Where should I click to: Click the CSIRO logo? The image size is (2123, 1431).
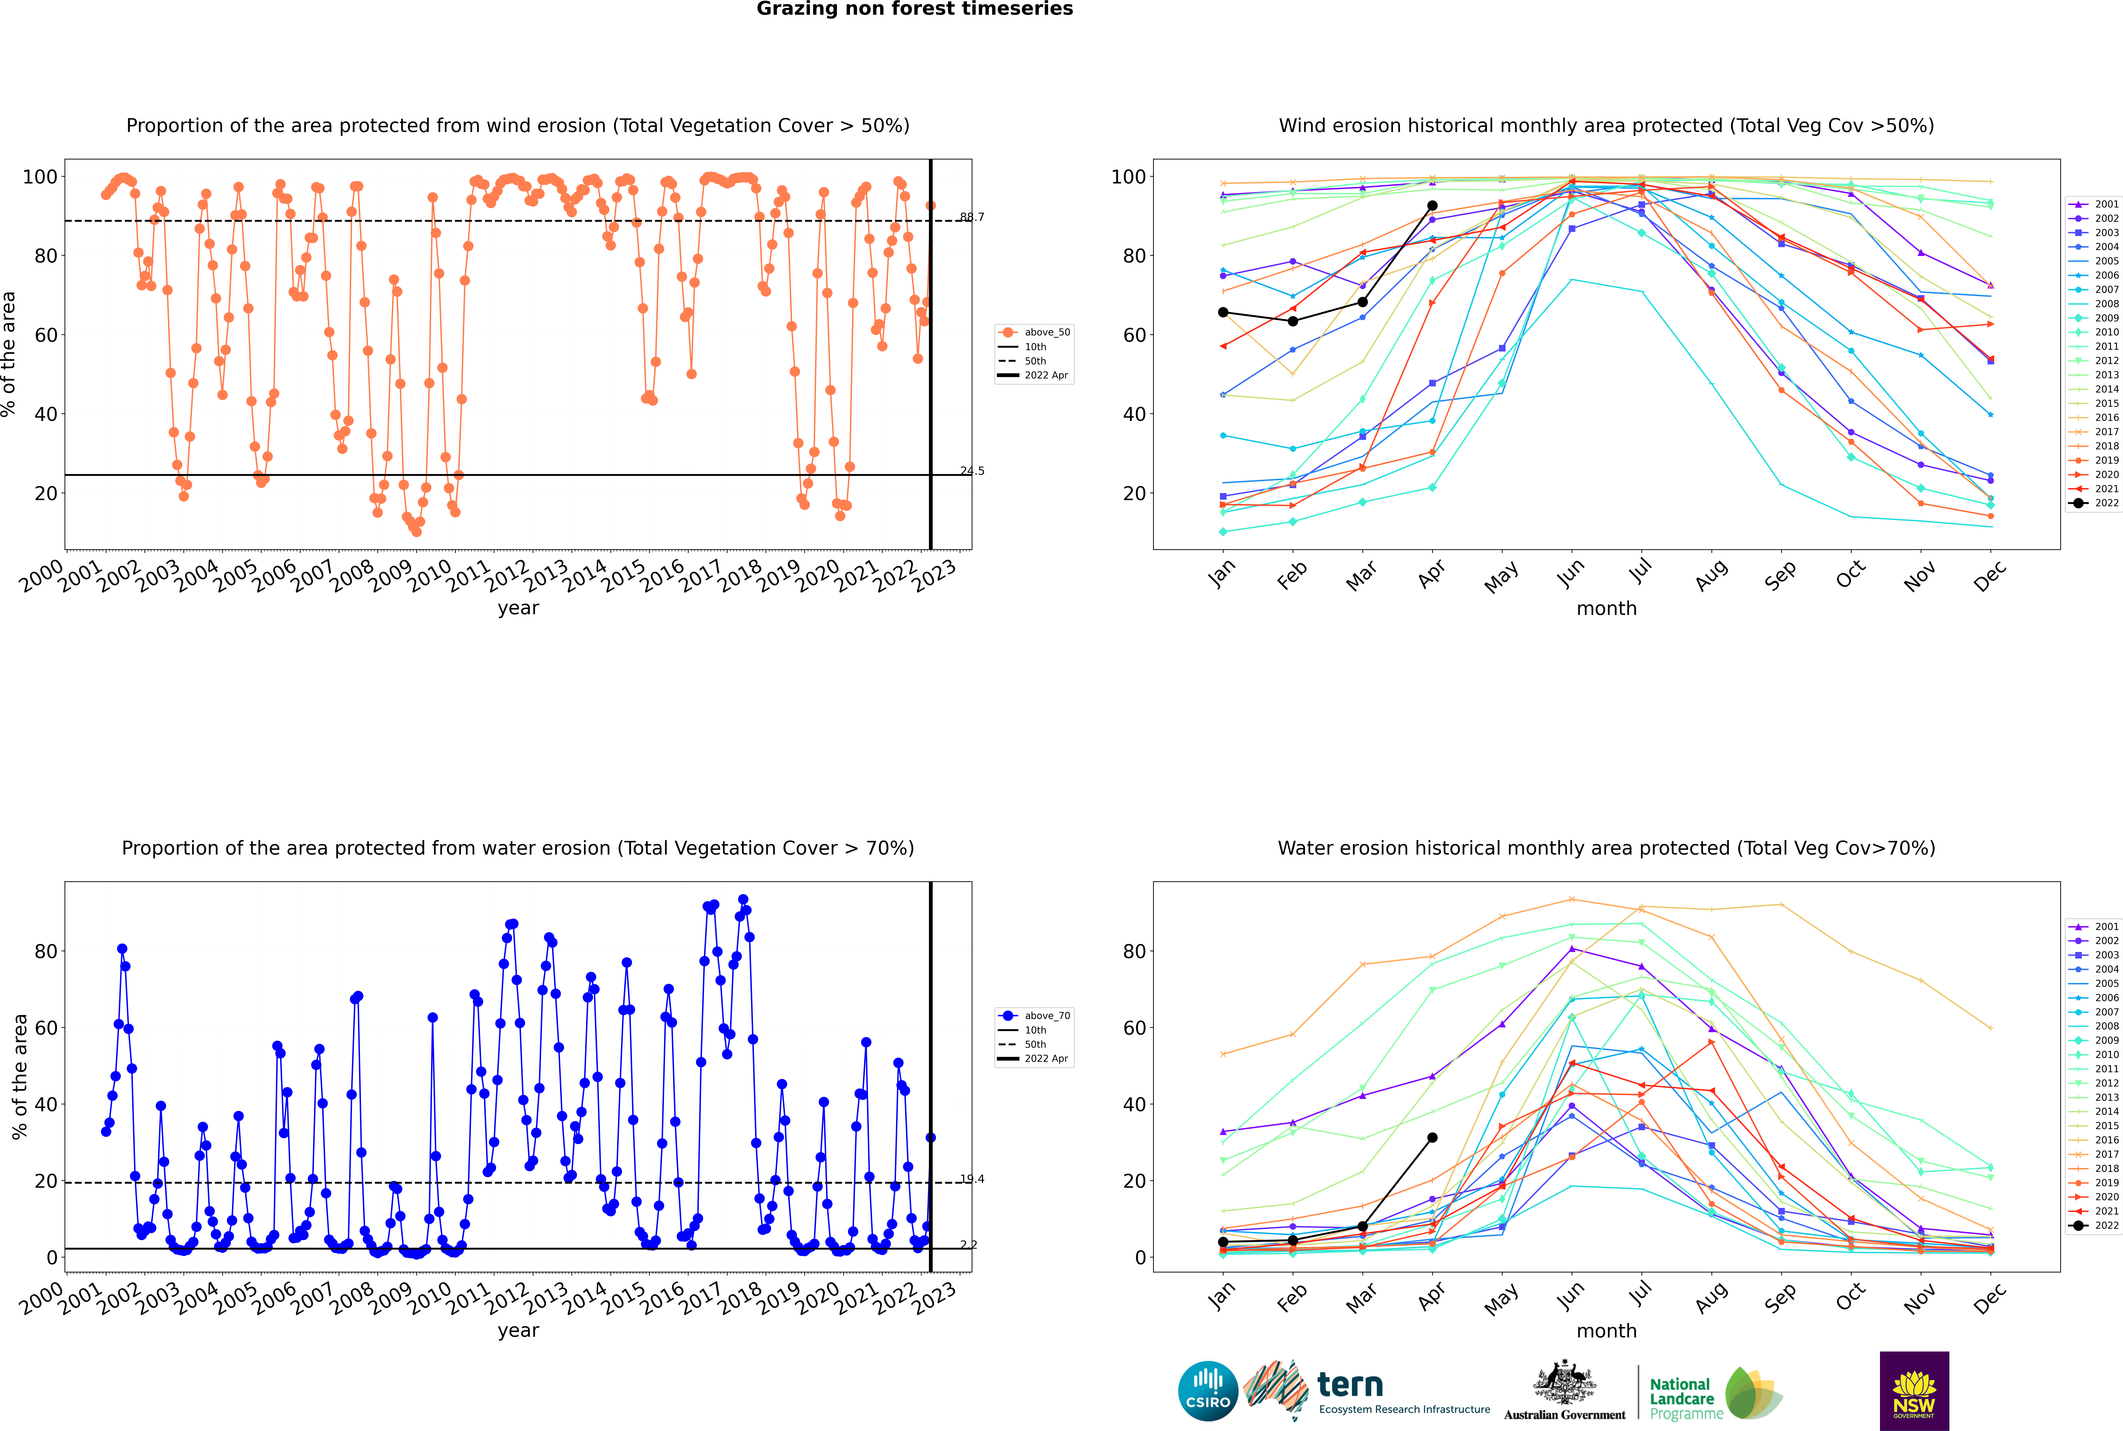tap(1207, 1391)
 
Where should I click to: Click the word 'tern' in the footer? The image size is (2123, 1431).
tap(1350, 1385)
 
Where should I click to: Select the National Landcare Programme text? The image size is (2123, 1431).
tap(1685, 1398)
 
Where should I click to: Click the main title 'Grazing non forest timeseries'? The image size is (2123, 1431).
tap(915, 9)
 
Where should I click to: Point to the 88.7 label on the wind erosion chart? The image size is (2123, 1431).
tap(972, 217)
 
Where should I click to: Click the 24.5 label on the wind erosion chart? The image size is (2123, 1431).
tap(972, 471)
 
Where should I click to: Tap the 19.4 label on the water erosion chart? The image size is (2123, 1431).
tap(972, 1179)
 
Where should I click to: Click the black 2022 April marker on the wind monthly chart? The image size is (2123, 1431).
tap(1432, 206)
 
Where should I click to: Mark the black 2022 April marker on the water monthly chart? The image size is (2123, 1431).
tap(1432, 1138)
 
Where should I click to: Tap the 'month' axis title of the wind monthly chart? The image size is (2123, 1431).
tap(1606, 609)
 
